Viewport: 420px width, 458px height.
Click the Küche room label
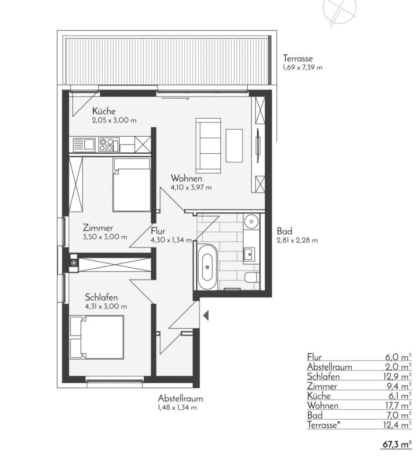(x=104, y=111)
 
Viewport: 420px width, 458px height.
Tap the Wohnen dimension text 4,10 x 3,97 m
(x=191, y=187)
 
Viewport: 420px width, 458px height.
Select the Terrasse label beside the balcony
(x=297, y=58)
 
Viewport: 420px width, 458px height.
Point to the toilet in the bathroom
(x=251, y=277)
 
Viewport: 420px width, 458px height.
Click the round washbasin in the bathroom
(x=251, y=221)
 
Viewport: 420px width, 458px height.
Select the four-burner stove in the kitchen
(x=106, y=145)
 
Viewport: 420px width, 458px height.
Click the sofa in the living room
(x=208, y=145)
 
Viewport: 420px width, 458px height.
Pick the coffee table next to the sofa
(x=234, y=145)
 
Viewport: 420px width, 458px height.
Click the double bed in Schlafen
(x=96, y=337)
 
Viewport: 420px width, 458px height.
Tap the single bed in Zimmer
(x=132, y=185)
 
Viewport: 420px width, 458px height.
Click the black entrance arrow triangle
(x=206, y=316)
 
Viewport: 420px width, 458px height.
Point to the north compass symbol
(x=340, y=12)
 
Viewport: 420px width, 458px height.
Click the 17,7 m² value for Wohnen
(x=397, y=405)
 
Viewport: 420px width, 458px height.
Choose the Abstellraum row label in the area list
(x=330, y=367)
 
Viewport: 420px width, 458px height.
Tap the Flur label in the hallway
(x=158, y=231)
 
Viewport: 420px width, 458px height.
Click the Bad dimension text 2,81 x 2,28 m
(x=297, y=241)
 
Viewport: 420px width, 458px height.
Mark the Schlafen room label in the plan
(x=101, y=297)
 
